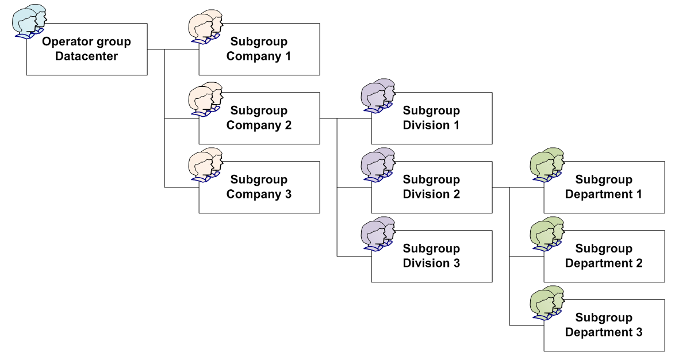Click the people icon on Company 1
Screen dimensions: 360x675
click(x=205, y=26)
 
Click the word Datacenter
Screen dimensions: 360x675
click(x=86, y=56)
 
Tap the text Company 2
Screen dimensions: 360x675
click(x=259, y=125)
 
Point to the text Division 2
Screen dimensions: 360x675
click(x=431, y=194)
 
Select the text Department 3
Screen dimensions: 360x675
click(x=604, y=332)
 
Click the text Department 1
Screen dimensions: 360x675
click(x=604, y=194)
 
